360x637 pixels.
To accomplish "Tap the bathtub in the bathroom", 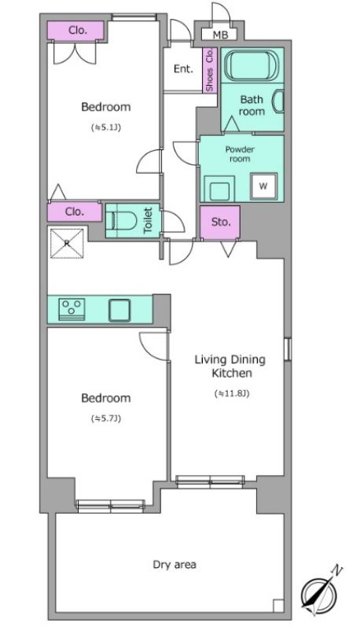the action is tap(252, 65).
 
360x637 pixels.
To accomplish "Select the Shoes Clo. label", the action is tap(210, 70).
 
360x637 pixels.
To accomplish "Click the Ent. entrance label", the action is tap(183, 68).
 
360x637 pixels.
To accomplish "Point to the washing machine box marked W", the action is tap(263, 186).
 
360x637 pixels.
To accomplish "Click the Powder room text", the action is tap(240, 154).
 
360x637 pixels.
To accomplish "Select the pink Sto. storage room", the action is tap(220, 223).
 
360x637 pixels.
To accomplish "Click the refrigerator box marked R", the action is tap(67, 243).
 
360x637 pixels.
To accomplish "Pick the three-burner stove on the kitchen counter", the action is tap(72, 309).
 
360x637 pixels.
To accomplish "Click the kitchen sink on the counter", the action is tap(119, 311).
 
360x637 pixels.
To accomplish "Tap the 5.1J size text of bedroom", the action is tap(106, 127).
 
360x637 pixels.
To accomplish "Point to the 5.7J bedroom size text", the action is tap(106, 418).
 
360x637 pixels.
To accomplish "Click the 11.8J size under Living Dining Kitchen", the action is tap(231, 393).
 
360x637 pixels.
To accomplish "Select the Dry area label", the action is tap(174, 565).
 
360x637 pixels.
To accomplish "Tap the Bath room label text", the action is tap(252, 105).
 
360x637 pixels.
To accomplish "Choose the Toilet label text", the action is tap(148, 221).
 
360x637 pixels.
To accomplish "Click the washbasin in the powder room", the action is tap(219, 189).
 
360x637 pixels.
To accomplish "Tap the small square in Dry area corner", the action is tap(278, 606).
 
